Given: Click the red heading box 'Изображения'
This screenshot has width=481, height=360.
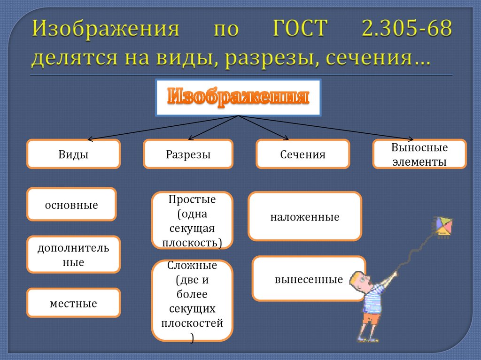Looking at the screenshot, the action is point(238,98).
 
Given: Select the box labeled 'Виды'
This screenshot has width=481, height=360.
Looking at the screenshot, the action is point(73,154).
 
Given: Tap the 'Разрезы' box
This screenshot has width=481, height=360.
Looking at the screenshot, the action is point(188,154).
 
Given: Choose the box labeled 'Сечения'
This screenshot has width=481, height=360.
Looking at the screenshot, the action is point(303,154).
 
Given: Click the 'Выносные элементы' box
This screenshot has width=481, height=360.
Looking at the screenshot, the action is point(419,154).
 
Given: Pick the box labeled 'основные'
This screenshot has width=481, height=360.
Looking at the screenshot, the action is point(71,204).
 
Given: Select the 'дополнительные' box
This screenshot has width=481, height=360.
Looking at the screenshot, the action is point(73,254).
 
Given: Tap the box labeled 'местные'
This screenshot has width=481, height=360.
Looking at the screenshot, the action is point(73,303).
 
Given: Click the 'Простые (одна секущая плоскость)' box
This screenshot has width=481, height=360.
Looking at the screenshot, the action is point(192,220).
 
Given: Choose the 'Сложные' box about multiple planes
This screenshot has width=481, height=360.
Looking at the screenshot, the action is point(192,300).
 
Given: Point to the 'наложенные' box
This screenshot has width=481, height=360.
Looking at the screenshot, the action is point(304,216).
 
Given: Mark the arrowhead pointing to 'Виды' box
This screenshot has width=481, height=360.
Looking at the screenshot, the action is point(90,139).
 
